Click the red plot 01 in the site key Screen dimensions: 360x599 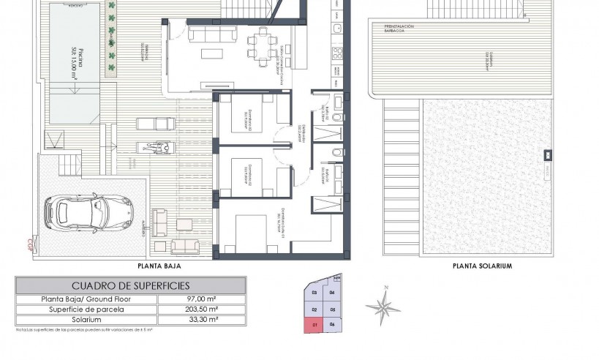coord(314,324)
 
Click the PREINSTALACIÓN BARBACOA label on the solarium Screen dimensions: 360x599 coord(400,29)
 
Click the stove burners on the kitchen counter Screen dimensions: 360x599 coord(339,53)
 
